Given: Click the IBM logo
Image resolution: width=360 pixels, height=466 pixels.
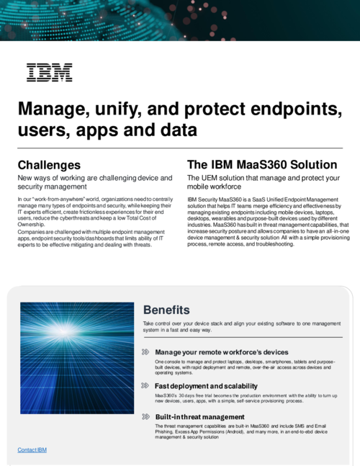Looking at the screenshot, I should pos(49,72).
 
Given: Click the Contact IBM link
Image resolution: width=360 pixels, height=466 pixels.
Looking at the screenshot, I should pos(32,449).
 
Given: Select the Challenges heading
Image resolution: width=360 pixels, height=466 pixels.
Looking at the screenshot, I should pos(49,165).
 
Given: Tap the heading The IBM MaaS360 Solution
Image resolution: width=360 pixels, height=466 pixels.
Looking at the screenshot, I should pos(261,165).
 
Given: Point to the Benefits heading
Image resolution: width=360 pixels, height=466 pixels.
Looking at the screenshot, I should pos(166,310).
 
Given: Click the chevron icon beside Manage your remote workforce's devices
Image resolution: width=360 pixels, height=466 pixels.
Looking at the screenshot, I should pos(146,352).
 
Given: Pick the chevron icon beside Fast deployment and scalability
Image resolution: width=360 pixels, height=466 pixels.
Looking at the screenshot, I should pos(146,386).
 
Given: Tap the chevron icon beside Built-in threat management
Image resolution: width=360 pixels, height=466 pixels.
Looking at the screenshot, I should pos(146,416).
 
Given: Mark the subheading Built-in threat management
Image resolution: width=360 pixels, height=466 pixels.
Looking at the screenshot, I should pos(194,416).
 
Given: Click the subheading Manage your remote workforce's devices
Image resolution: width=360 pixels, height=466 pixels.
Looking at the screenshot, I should pos(221,352).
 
